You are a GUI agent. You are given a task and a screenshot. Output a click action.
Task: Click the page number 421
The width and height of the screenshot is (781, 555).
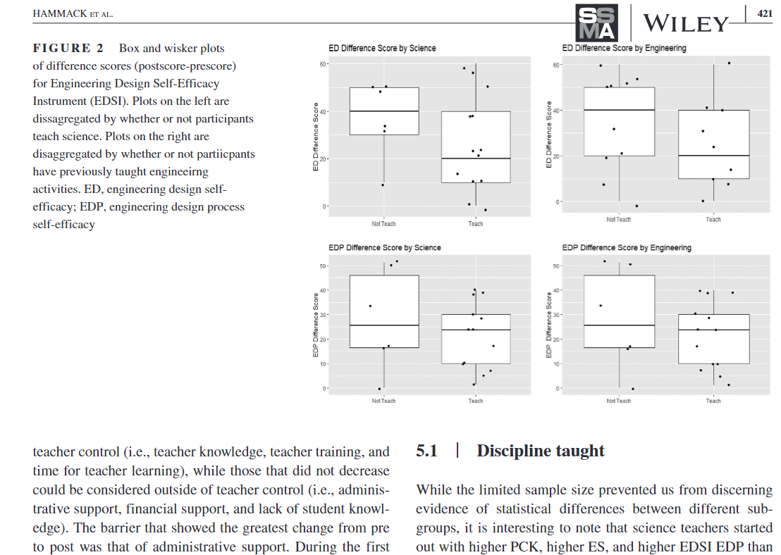coord(764,13)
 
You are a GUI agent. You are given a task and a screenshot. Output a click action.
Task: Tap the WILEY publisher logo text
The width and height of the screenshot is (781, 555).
coord(684,24)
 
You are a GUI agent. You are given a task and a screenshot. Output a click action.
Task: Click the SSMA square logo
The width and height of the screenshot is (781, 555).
coord(596,23)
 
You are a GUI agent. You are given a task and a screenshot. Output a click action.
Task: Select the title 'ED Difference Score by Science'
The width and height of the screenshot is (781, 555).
coord(382,48)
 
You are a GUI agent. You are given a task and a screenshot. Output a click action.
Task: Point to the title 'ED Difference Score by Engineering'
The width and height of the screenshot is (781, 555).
coord(624,48)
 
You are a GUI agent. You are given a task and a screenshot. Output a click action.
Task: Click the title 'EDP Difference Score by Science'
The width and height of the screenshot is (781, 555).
coord(385,247)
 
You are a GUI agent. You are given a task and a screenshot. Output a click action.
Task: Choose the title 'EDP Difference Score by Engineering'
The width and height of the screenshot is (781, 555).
coord(627,247)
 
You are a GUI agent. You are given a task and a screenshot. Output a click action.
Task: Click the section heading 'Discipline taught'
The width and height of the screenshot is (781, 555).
coord(541,451)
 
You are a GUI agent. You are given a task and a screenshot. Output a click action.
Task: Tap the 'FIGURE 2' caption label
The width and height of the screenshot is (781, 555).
coord(68,49)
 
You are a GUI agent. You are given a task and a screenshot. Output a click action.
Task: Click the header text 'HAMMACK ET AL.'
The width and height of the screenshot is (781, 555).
coord(73,14)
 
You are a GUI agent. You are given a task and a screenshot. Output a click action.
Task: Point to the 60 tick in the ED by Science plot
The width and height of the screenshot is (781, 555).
coord(325,64)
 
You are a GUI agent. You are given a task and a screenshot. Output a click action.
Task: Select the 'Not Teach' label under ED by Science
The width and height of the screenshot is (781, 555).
coord(383,224)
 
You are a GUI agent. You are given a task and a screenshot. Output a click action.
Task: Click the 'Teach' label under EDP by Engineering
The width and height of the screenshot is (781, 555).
coord(713,401)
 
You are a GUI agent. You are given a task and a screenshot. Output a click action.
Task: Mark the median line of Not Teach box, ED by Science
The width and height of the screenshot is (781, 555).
coord(383,111)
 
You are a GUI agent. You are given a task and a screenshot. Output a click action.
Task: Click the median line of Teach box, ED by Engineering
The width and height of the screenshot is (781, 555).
coord(713,156)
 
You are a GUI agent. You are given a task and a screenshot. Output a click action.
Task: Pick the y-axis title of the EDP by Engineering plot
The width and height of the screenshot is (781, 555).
coord(549,325)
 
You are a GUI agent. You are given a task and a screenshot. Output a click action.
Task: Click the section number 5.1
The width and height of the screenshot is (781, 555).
coord(426,451)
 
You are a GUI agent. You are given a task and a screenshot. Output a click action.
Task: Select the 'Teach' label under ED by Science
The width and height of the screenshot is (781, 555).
coord(476,224)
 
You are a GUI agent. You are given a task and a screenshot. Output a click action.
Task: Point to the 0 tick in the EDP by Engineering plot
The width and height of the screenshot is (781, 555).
coord(558,388)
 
